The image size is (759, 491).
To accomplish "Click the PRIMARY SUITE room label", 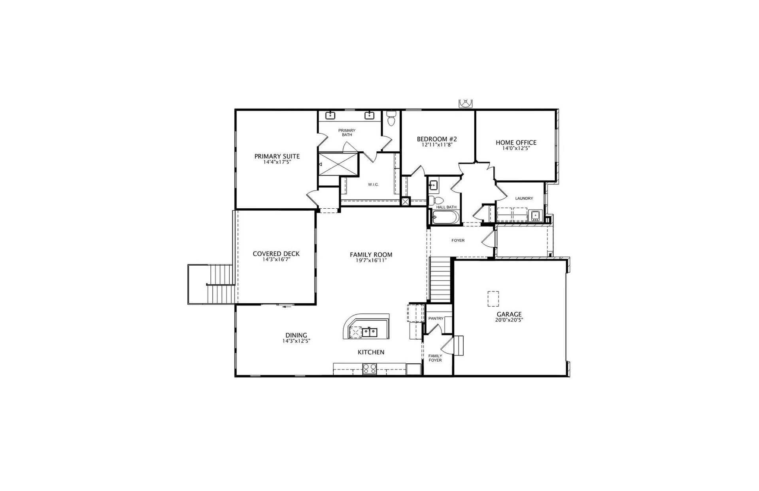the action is click(x=277, y=156).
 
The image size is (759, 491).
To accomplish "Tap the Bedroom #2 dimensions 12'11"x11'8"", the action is click(x=437, y=145).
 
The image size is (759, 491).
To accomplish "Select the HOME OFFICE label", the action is click(x=516, y=142).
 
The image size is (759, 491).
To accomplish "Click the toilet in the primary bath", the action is click(x=391, y=118).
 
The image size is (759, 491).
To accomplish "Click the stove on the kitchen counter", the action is click(x=370, y=369).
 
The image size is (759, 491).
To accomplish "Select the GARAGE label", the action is click(x=509, y=315).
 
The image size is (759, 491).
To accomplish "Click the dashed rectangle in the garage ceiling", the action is click(x=493, y=298).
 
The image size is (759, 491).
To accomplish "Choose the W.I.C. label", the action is click(x=373, y=184).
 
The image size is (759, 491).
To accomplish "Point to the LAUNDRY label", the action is click(x=524, y=198).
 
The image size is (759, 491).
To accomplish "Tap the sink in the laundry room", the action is click(x=536, y=215).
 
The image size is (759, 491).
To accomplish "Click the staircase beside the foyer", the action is click(x=440, y=279).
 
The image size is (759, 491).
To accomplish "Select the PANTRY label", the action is click(x=436, y=318).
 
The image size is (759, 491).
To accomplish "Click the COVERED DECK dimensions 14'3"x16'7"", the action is click(x=276, y=260).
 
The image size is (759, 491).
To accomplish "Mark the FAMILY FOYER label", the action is click(x=435, y=358).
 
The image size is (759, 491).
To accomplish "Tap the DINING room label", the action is click(x=296, y=335).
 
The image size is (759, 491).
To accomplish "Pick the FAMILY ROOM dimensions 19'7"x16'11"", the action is click(x=371, y=261).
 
